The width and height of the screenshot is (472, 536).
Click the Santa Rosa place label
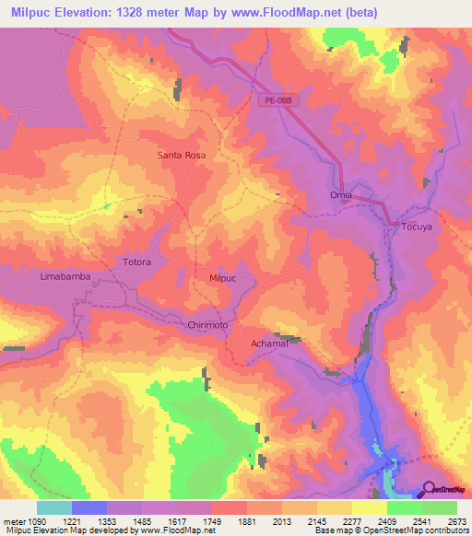[x=181, y=156]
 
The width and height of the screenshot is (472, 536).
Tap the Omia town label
[x=341, y=195]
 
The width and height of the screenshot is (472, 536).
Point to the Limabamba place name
[x=65, y=276]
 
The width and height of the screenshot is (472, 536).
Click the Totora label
[x=136, y=262]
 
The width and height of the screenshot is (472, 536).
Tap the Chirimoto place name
[x=213, y=326]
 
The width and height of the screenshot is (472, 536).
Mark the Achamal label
[x=271, y=344]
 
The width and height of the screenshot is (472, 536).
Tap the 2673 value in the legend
[x=457, y=520]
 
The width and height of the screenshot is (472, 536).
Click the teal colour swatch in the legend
[x=53, y=507]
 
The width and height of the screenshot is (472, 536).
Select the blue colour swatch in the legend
[x=88, y=507]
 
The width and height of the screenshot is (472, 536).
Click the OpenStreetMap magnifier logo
[x=429, y=488]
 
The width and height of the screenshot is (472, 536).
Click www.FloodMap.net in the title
[x=277, y=11]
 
